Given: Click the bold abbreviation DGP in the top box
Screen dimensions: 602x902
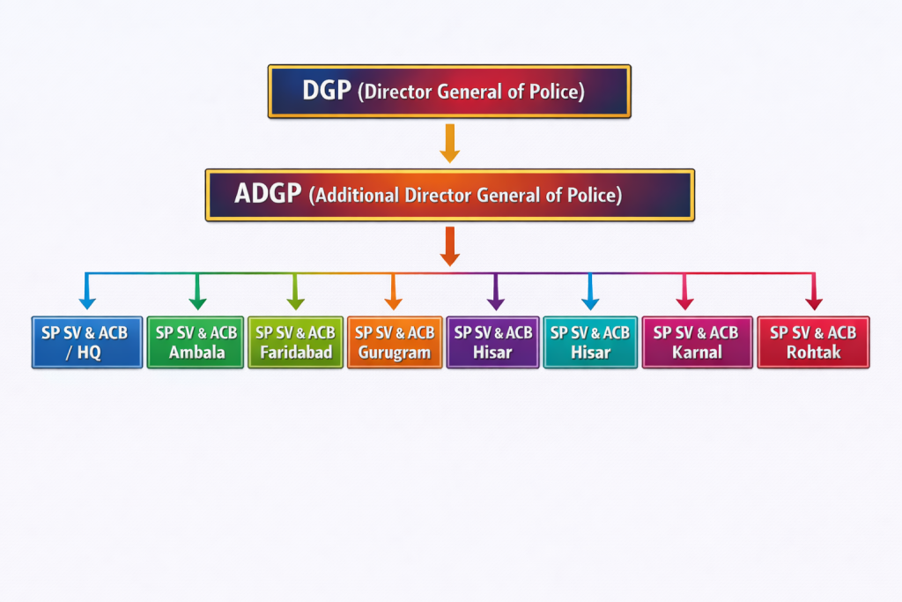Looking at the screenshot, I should coord(327,91).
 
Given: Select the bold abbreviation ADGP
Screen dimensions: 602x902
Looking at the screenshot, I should coord(268,195).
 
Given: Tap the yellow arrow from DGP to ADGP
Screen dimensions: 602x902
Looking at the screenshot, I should coord(449,143).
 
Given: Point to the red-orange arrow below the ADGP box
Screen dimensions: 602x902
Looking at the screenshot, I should coord(449,246).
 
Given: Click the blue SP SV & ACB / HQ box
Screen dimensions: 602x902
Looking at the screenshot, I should coord(86,342).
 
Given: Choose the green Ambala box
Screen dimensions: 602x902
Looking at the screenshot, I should coord(196,342).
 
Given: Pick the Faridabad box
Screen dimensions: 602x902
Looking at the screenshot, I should coord(295,342).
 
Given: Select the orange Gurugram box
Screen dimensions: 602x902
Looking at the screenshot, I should coord(394,342).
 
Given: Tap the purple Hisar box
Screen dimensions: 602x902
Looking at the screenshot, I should coord(493,342).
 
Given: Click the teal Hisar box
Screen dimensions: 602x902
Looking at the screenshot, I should coord(590,342).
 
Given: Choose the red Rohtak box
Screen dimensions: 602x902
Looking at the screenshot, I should coord(813,342).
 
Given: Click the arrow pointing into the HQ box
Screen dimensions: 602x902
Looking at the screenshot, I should coord(86,293).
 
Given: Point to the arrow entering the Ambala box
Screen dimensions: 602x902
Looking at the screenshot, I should coord(196,293).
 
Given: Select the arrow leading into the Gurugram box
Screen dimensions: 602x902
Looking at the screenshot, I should coord(394,293).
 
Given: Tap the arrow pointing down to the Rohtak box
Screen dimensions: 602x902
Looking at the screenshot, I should coord(813,293).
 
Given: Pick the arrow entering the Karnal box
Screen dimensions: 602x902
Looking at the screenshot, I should coord(684,293).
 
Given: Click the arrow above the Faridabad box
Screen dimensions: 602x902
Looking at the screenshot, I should coord(295,293).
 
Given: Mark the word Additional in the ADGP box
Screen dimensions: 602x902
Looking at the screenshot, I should coord(357,196).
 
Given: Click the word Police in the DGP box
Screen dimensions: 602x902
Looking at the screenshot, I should coord(555,92).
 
